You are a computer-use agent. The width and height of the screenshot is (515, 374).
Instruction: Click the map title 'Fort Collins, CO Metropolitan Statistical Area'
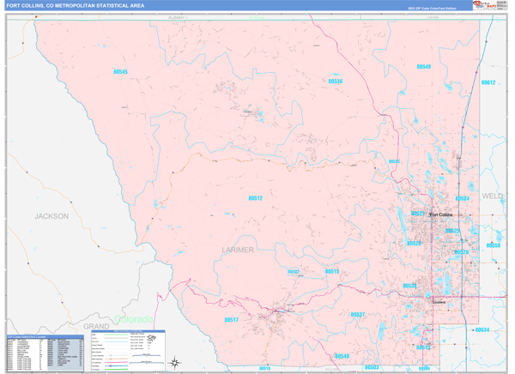(x=76, y=6)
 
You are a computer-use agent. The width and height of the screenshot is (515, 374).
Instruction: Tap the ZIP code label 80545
(x=119, y=72)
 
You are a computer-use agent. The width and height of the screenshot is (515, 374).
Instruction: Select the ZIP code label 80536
(x=335, y=81)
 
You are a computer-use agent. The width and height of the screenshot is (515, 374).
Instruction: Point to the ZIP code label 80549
(x=423, y=66)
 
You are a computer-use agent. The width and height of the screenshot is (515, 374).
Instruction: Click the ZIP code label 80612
(x=488, y=82)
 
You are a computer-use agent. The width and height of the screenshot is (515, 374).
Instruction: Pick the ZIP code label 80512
(x=255, y=198)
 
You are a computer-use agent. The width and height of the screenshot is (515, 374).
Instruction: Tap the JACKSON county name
(x=51, y=216)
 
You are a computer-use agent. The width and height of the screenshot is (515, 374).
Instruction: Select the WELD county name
(x=493, y=196)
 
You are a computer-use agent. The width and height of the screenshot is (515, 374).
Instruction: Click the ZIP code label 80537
(x=358, y=315)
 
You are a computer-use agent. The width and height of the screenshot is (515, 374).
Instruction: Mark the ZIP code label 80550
(x=494, y=245)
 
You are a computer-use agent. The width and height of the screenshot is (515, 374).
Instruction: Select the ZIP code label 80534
(x=482, y=329)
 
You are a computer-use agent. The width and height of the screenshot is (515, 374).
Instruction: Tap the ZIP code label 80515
(x=332, y=271)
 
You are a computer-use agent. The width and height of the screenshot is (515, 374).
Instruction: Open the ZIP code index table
(x=43, y=352)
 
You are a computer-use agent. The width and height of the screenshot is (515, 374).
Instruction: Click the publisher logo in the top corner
(x=484, y=6)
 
